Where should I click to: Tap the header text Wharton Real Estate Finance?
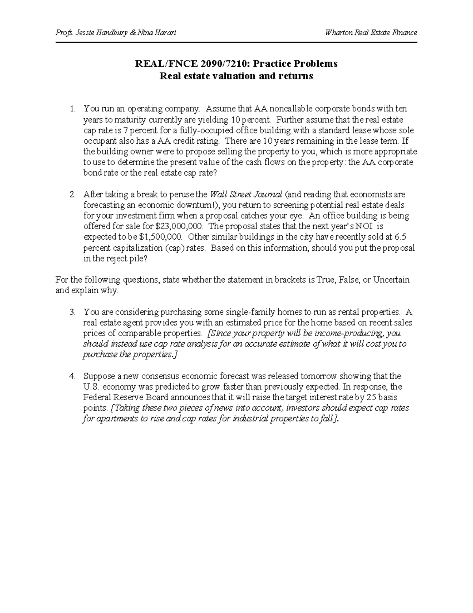371,33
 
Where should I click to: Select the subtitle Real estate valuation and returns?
236,76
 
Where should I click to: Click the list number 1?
72,109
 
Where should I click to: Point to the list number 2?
72,195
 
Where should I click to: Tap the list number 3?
72,312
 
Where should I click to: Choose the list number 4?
72,376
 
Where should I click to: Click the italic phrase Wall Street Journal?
246,195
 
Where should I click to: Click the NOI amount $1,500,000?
161,237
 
